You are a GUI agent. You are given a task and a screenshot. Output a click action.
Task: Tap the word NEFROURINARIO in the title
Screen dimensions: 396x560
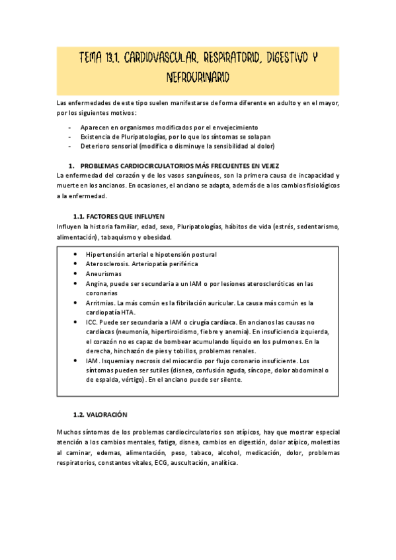pos(198,77)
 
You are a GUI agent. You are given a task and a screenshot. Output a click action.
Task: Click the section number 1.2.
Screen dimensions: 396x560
pos(79,414)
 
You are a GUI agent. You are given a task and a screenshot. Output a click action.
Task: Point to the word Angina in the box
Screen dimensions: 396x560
pos(97,283)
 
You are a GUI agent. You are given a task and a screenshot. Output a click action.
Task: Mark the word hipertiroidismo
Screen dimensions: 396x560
pos(177,332)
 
